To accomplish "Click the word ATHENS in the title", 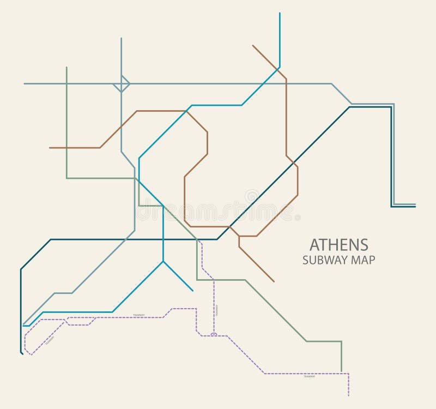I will coord(338,244).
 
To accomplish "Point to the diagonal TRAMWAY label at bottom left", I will coord(50,340).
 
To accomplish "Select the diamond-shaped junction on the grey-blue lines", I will coord(121,84).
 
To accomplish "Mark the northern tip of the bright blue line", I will coord(280,13).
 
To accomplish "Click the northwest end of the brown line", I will coord(253,46).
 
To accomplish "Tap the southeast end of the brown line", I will coord(274,282).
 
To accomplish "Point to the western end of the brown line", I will coord(50,148).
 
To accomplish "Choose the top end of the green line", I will coord(66,68).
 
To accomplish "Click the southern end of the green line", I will coord(341,371).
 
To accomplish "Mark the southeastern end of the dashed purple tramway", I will coord(348,395).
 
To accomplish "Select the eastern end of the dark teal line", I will coord(415,207).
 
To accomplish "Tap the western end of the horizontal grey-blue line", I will coord(25,84).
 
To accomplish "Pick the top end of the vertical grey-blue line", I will coord(121,38).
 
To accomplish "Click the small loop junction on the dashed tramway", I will coord(214,334).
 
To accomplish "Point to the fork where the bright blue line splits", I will coord(163,262).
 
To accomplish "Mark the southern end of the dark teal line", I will coord(22,354).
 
